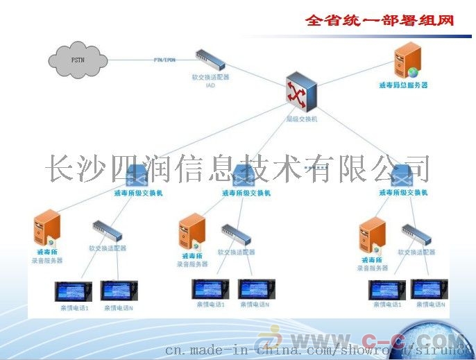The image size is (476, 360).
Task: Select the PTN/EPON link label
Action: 164,60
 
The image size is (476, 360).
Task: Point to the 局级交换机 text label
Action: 301,119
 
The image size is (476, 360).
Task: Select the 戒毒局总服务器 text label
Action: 408,85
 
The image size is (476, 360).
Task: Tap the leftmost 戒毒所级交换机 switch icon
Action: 137,175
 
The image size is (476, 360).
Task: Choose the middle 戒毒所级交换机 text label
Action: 246,193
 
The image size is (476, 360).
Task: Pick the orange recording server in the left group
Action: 46,228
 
